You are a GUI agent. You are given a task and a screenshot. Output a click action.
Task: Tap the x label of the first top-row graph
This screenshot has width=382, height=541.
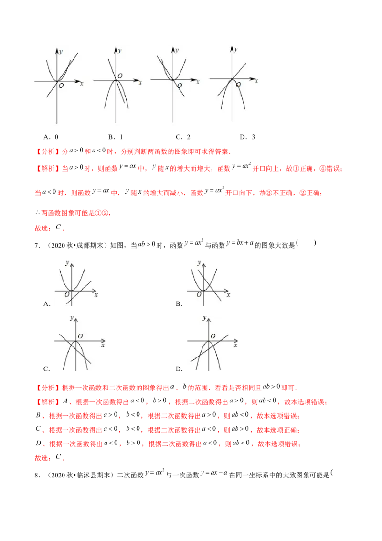82,83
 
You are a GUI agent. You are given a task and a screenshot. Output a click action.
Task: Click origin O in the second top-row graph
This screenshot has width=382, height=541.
120,76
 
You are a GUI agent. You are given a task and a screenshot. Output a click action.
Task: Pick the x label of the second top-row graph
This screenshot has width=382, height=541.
140,83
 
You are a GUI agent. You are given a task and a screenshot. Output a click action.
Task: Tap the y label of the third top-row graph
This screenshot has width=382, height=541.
177,50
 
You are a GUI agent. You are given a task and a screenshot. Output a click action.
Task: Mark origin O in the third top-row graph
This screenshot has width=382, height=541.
180,86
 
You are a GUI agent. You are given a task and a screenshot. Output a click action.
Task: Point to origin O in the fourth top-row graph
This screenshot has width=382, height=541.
239,85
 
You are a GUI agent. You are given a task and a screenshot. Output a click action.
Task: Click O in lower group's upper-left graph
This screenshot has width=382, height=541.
67,295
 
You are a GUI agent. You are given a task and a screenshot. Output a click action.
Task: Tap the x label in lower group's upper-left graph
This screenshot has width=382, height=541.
96,295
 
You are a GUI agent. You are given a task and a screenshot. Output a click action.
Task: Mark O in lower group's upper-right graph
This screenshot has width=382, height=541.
198,295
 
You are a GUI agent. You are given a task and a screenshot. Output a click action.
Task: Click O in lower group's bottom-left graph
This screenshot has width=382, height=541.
80,336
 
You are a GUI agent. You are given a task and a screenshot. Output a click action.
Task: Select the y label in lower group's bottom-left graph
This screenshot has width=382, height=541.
71,317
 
